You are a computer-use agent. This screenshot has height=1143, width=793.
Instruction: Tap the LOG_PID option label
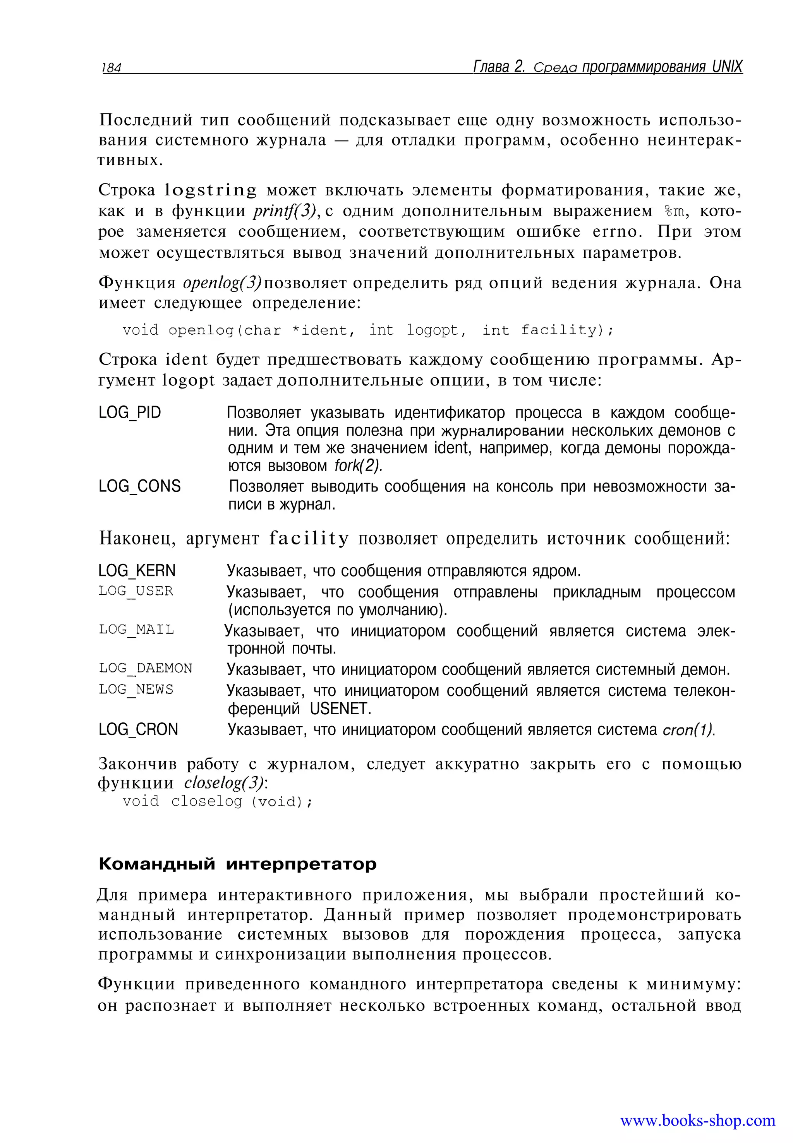[x=130, y=412]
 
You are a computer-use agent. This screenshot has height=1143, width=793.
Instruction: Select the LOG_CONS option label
[x=140, y=486]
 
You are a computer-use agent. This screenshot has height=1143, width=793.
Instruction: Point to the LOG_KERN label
[x=137, y=570]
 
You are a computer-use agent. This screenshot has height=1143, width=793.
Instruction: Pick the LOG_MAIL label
[x=136, y=630]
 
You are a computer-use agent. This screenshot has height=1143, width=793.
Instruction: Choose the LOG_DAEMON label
[x=145, y=668]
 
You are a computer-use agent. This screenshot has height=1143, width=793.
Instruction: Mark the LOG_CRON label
[x=138, y=729]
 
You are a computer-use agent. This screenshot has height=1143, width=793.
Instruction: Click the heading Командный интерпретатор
[x=237, y=864]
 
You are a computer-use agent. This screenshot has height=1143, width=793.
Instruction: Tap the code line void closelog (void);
[x=218, y=801]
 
